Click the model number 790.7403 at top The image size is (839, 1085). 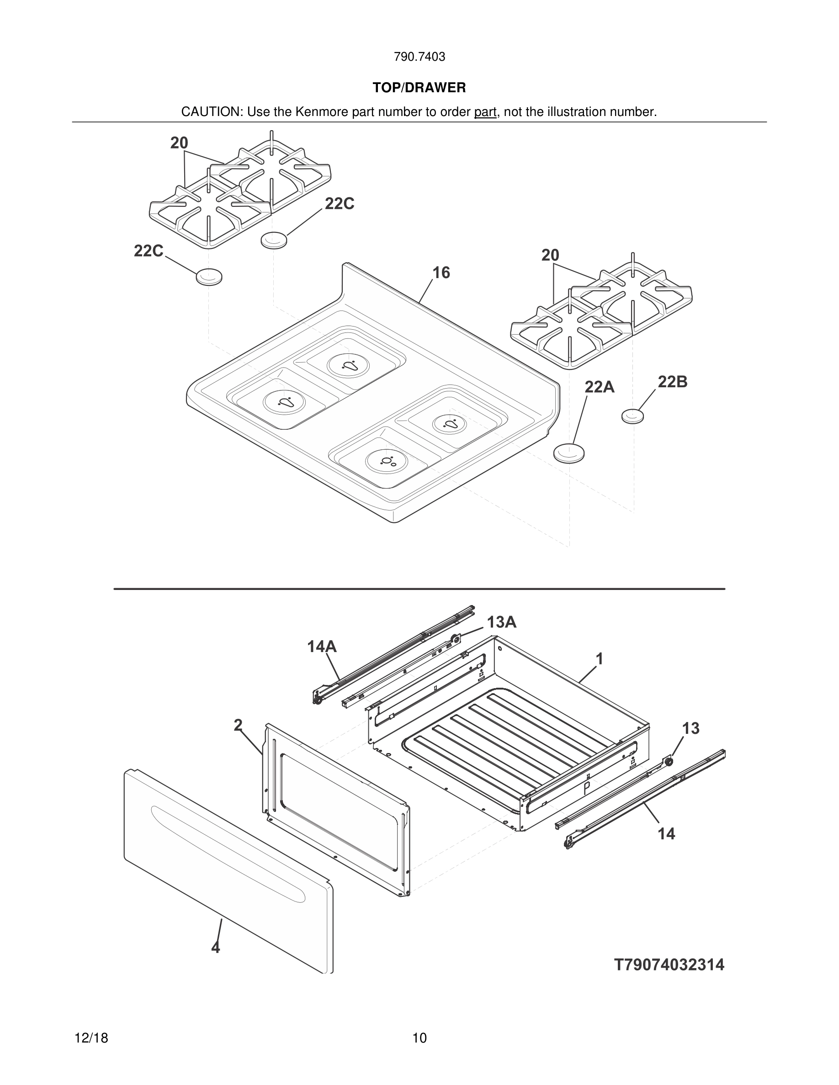coord(419,57)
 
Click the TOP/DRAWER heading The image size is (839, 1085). coord(419,88)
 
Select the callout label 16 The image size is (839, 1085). coord(441,273)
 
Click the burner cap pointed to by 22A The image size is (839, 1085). coord(569,453)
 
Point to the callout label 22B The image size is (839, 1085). coord(672,382)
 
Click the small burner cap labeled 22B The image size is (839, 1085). coord(632,416)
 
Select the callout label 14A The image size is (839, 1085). coord(322,646)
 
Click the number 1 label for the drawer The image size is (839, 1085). coord(600,659)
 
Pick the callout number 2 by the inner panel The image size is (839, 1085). coord(238,725)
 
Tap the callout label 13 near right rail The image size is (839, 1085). coord(690,728)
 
